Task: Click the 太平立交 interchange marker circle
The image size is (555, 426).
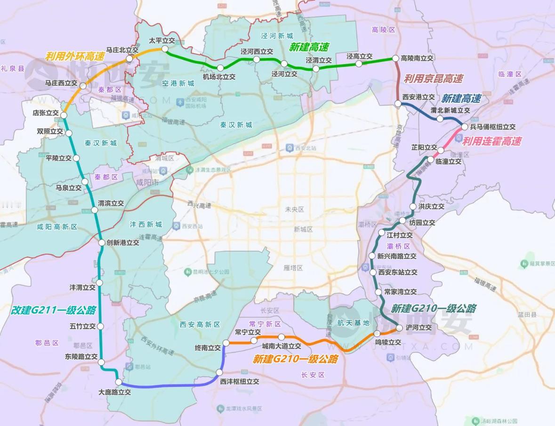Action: [165, 49]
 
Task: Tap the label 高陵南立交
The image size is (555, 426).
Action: [417, 58]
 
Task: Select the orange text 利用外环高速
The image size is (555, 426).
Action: [75, 56]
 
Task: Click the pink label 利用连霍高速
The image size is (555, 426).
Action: [492, 141]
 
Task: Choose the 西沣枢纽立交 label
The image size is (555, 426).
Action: [240, 382]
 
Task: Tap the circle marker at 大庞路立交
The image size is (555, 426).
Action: [118, 382]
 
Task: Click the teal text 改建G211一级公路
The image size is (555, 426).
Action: [54, 310]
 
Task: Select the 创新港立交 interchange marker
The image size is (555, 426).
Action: [102, 243]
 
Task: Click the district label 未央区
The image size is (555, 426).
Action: [295, 209]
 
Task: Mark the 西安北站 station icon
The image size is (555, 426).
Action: [289, 148]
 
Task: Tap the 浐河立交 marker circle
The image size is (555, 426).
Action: [400, 328]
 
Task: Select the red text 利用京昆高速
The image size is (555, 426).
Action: [434, 79]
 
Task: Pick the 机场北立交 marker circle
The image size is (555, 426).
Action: [220, 68]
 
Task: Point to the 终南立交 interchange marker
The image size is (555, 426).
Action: [225, 342]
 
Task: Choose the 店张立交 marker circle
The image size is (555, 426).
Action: [64, 115]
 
